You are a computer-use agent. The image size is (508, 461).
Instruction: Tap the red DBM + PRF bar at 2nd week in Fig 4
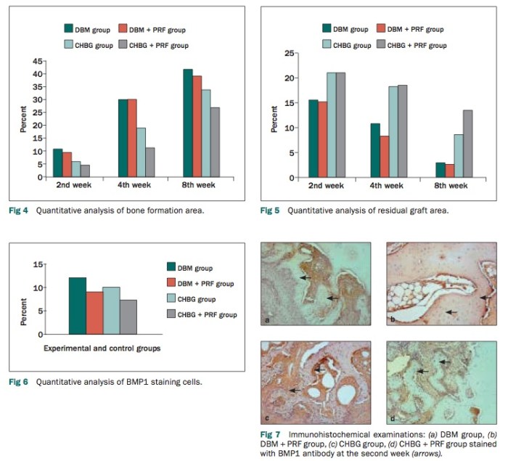coord(67,164)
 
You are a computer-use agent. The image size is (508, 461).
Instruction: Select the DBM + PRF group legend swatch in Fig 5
coord(381,29)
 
